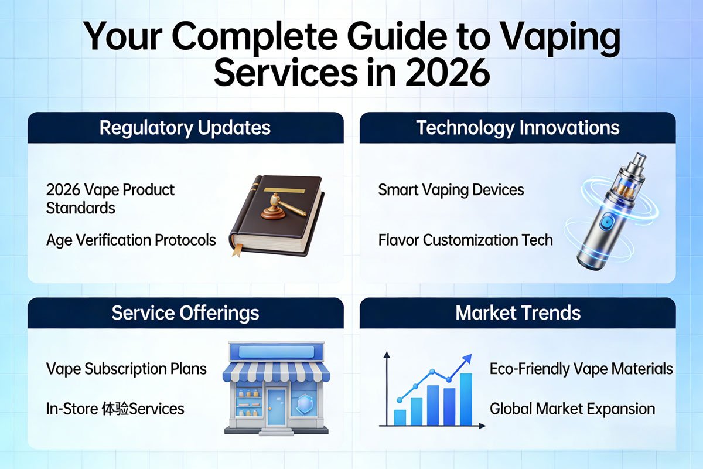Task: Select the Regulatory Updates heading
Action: (185, 128)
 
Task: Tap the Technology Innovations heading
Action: (517, 128)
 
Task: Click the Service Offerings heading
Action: (185, 313)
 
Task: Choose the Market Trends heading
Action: (517, 313)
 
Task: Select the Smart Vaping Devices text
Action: (451, 190)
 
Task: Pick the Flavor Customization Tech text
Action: (465, 240)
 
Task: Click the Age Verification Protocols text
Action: (131, 240)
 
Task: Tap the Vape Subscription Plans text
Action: (126, 369)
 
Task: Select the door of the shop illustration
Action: (276, 406)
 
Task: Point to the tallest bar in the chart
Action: (466, 399)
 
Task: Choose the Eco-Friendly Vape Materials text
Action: (581, 369)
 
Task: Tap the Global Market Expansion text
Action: (572, 409)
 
